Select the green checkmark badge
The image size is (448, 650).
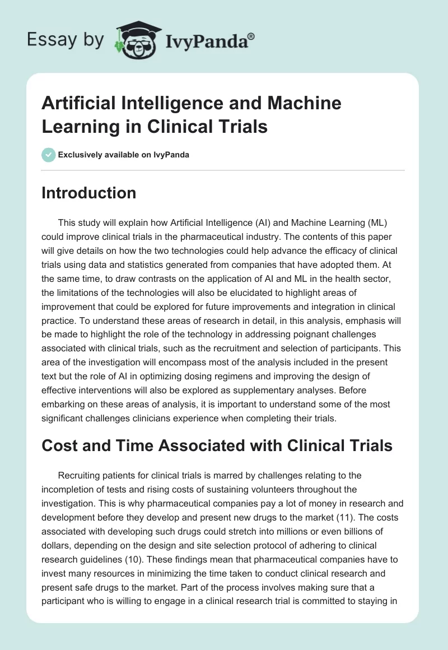(x=49, y=155)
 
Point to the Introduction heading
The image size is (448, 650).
(x=89, y=193)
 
